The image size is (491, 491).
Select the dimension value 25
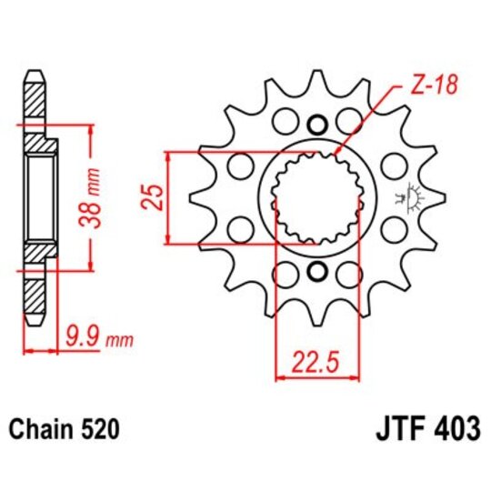point(154,196)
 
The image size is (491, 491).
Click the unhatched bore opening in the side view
point(42,197)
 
